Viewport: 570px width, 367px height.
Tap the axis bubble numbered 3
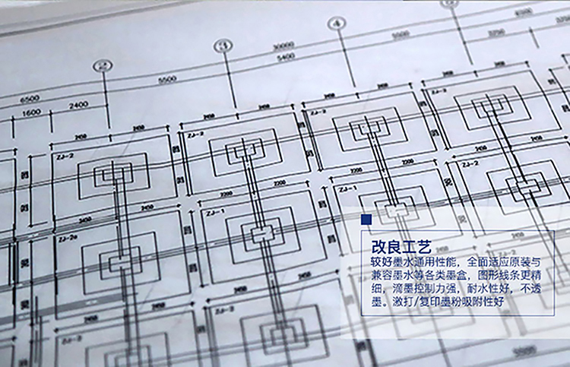(222, 46)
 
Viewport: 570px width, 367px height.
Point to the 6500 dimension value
(30, 99)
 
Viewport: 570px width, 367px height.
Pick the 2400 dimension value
(78, 105)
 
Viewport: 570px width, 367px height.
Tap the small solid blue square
(366, 219)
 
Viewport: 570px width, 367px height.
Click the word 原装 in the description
(521, 262)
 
